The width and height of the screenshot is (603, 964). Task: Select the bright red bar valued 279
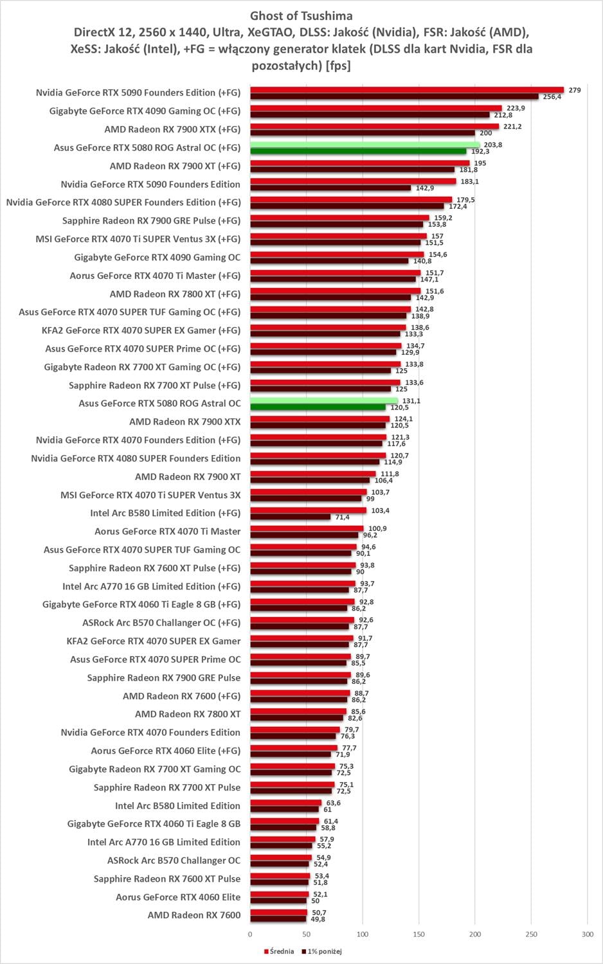(406, 89)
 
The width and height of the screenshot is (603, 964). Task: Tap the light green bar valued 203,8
(364, 145)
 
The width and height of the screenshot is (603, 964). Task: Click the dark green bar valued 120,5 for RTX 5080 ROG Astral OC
(318, 407)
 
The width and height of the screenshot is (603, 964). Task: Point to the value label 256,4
(552, 97)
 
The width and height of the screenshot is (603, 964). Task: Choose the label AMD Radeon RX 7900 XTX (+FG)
(172, 129)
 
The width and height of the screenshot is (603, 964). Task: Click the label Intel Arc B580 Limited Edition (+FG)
(165, 513)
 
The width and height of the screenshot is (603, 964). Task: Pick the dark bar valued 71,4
(290, 517)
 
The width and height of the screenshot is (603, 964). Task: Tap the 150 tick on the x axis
(419, 934)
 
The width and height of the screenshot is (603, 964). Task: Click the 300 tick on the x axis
(587, 934)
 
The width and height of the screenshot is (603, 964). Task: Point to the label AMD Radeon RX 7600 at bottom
(194, 915)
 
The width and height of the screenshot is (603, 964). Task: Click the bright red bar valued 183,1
(353, 181)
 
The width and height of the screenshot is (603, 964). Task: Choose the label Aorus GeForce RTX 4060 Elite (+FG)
(166, 751)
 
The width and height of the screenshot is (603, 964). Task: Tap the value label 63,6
(333, 803)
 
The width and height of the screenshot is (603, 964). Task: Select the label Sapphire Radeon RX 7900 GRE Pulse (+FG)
(151, 220)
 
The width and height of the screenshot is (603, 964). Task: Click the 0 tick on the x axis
(250, 934)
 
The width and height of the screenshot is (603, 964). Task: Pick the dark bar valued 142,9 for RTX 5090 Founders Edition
(330, 188)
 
